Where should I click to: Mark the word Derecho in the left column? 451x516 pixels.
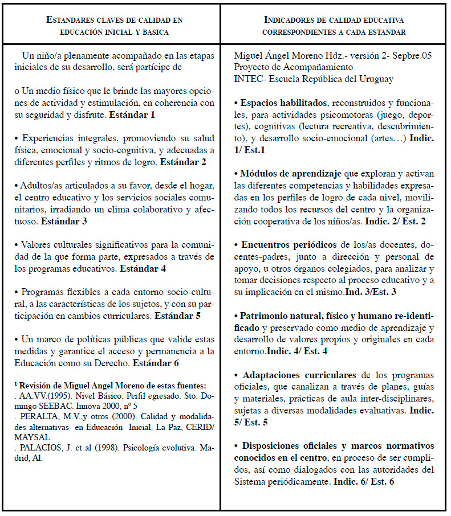point(109,362)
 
